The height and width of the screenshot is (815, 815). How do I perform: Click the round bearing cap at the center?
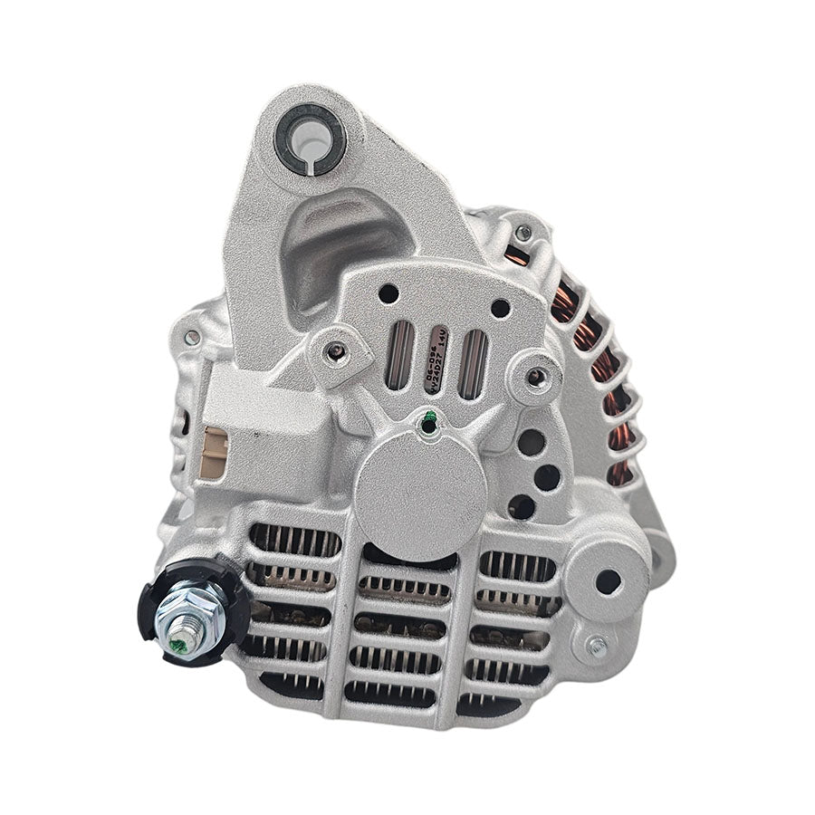coord(420,490)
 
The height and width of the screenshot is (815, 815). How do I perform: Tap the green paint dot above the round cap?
coord(429,417)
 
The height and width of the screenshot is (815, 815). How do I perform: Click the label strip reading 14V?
coord(437,360)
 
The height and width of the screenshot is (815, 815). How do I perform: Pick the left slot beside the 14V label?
coord(398,360)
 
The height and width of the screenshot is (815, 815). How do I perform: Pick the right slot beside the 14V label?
coord(472,362)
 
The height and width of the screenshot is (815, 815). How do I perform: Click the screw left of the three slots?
coord(337,351)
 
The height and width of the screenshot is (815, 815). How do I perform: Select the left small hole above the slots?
coord(388,293)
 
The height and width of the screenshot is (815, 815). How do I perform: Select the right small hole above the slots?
coord(499,308)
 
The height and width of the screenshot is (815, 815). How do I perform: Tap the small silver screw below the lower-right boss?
coord(597,646)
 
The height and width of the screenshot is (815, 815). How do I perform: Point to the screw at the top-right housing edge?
coord(523,233)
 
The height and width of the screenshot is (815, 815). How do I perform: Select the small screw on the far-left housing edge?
coord(193,338)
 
